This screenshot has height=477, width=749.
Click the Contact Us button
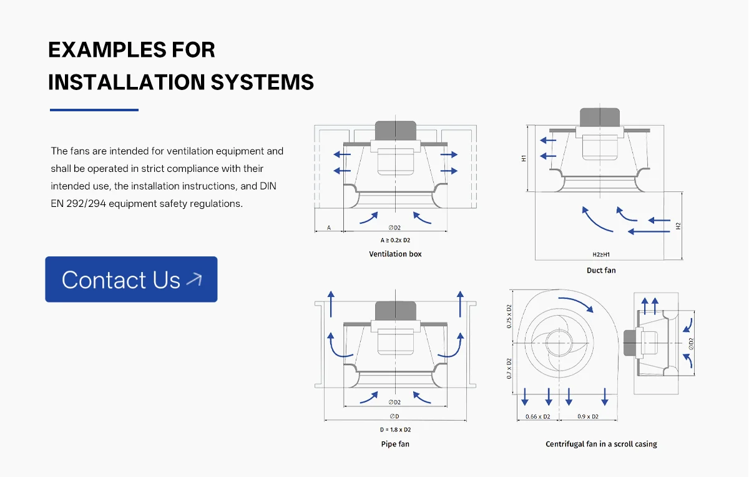(x=131, y=279)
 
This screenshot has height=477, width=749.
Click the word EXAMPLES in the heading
(x=107, y=50)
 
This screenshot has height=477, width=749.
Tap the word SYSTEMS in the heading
(x=263, y=82)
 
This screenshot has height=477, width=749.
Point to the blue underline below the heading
(x=94, y=110)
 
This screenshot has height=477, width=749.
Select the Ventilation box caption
(x=395, y=254)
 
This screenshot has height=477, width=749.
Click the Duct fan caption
(x=601, y=270)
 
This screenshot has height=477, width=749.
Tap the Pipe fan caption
(x=395, y=444)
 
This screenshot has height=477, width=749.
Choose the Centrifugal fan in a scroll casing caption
(x=601, y=444)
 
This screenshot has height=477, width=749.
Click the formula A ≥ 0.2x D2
(x=395, y=240)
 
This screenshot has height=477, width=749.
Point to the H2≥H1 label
(x=601, y=254)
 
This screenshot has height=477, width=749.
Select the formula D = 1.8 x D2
(x=395, y=429)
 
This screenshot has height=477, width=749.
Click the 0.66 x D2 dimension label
(x=537, y=416)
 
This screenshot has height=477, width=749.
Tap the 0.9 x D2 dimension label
(x=588, y=416)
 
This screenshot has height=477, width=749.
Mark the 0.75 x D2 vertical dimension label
(x=509, y=316)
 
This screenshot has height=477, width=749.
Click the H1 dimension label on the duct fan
(x=524, y=158)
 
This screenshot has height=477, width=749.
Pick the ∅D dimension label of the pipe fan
(x=394, y=416)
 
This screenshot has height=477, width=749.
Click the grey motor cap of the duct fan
(x=600, y=118)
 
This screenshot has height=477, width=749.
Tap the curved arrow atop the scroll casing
(x=575, y=303)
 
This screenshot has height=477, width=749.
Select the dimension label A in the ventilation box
(x=329, y=228)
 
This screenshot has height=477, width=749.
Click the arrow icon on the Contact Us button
(x=194, y=279)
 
